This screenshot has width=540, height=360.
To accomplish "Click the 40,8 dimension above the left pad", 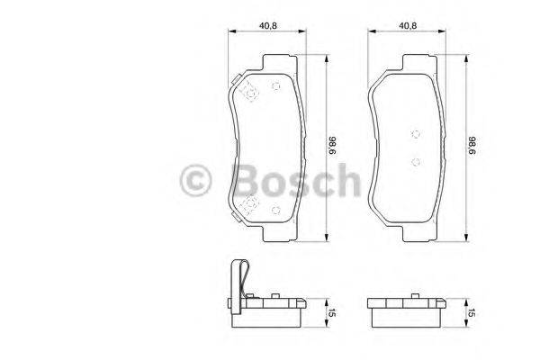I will (x=266, y=25).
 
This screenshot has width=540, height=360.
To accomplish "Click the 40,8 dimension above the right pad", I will (x=408, y=25).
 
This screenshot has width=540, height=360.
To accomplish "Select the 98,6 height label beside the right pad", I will (x=470, y=146).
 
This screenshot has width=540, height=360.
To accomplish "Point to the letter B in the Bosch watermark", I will (x=243, y=181).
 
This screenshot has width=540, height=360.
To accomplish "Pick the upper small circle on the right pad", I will (x=415, y=134).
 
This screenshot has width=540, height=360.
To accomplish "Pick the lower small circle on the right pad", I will (x=415, y=163).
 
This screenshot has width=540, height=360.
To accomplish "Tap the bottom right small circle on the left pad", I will (x=276, y=212).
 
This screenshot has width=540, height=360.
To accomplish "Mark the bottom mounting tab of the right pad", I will (x=416, y=235).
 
